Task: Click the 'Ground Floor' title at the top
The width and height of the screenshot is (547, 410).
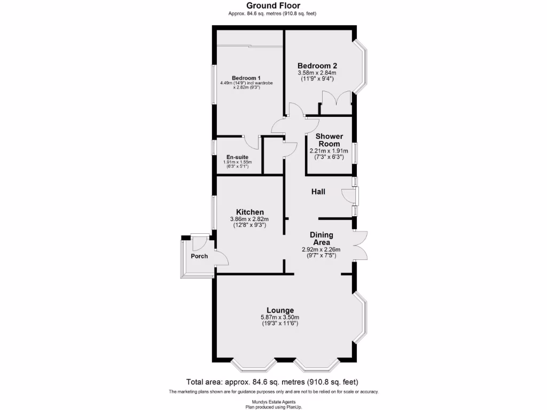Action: click(x=273, y=5)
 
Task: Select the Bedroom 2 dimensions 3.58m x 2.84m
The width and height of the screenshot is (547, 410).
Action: click(x=317, y=73)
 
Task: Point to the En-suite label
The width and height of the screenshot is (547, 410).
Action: click(x=237, y=157)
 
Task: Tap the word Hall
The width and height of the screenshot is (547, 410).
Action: click(x=318, y=192)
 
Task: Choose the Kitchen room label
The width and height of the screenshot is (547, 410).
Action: click(x=249, y=212)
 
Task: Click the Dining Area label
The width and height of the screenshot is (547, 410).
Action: click(x=322, y=238)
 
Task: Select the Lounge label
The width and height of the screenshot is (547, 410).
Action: click(x=280, y=310)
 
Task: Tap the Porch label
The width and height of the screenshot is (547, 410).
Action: click(x=199, y=256)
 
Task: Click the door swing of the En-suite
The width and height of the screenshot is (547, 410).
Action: click(x=251, y=143)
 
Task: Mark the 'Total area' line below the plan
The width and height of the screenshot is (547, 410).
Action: click(x=272, y=382)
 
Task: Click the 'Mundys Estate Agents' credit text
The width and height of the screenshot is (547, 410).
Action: click(x=273, y=402)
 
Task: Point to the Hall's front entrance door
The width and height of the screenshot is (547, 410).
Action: click(x=351, y=196)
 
